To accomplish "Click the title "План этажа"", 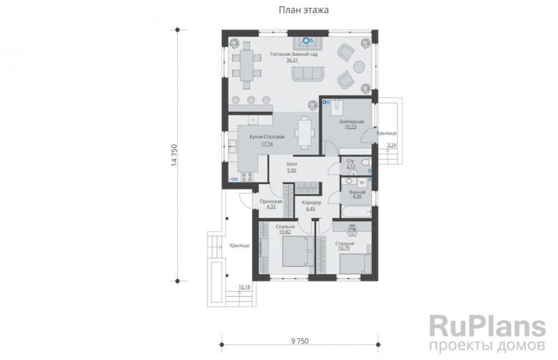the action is (x=304, y=10).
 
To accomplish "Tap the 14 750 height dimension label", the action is (x=174, y=155).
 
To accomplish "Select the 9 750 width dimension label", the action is (x=300, y=341).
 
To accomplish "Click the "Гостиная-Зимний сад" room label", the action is (x=294, y=54).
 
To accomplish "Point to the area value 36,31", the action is (x=292, y=60).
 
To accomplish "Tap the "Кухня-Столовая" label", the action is (x=267, y=137).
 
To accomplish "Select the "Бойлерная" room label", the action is (x=351, y=121).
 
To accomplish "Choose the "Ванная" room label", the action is (x=357, y=192).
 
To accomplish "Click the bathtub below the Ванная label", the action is (x=356, y=211).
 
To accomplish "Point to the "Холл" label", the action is (x=292, y=164).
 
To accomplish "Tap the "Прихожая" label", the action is (x=271, y=202).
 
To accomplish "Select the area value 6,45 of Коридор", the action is (x=311, y=209).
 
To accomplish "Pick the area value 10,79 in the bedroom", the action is (x=344, y=248).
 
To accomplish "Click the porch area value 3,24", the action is (x=391, y=145).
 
